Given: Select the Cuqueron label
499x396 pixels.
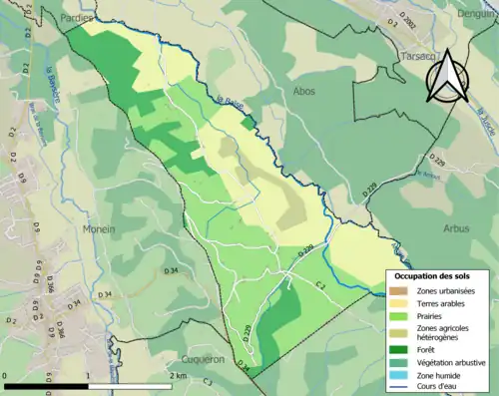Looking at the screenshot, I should tap(205, 358).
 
